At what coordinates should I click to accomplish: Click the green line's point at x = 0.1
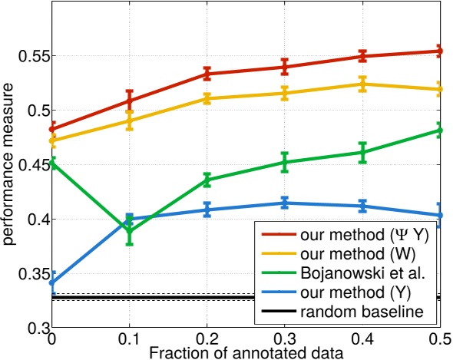[130, 231]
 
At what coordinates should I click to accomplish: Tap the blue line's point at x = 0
[52, 282]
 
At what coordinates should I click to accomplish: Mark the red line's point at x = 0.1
[130, 101]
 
